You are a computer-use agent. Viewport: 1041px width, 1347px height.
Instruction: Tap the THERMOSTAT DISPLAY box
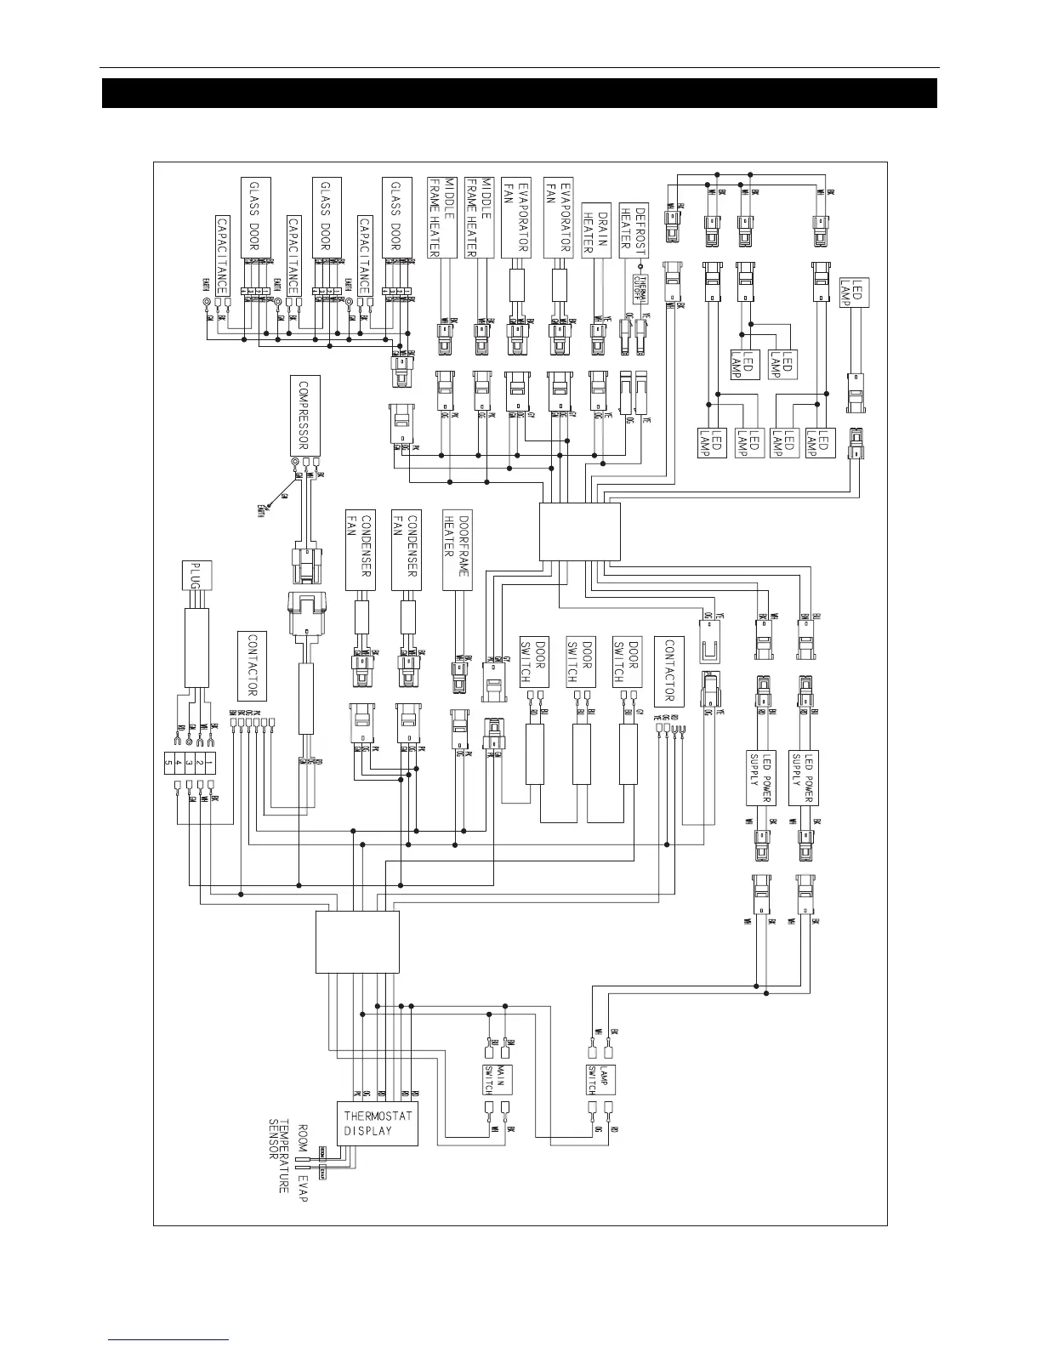(x=378, y=1122)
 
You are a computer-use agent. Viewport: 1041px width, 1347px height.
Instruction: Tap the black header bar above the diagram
(x=519, y=94)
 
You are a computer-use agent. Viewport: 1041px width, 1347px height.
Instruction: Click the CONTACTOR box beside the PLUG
(x=253, y=664)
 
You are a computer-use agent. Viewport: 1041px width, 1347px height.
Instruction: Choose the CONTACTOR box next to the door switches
(x=668, y=671)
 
